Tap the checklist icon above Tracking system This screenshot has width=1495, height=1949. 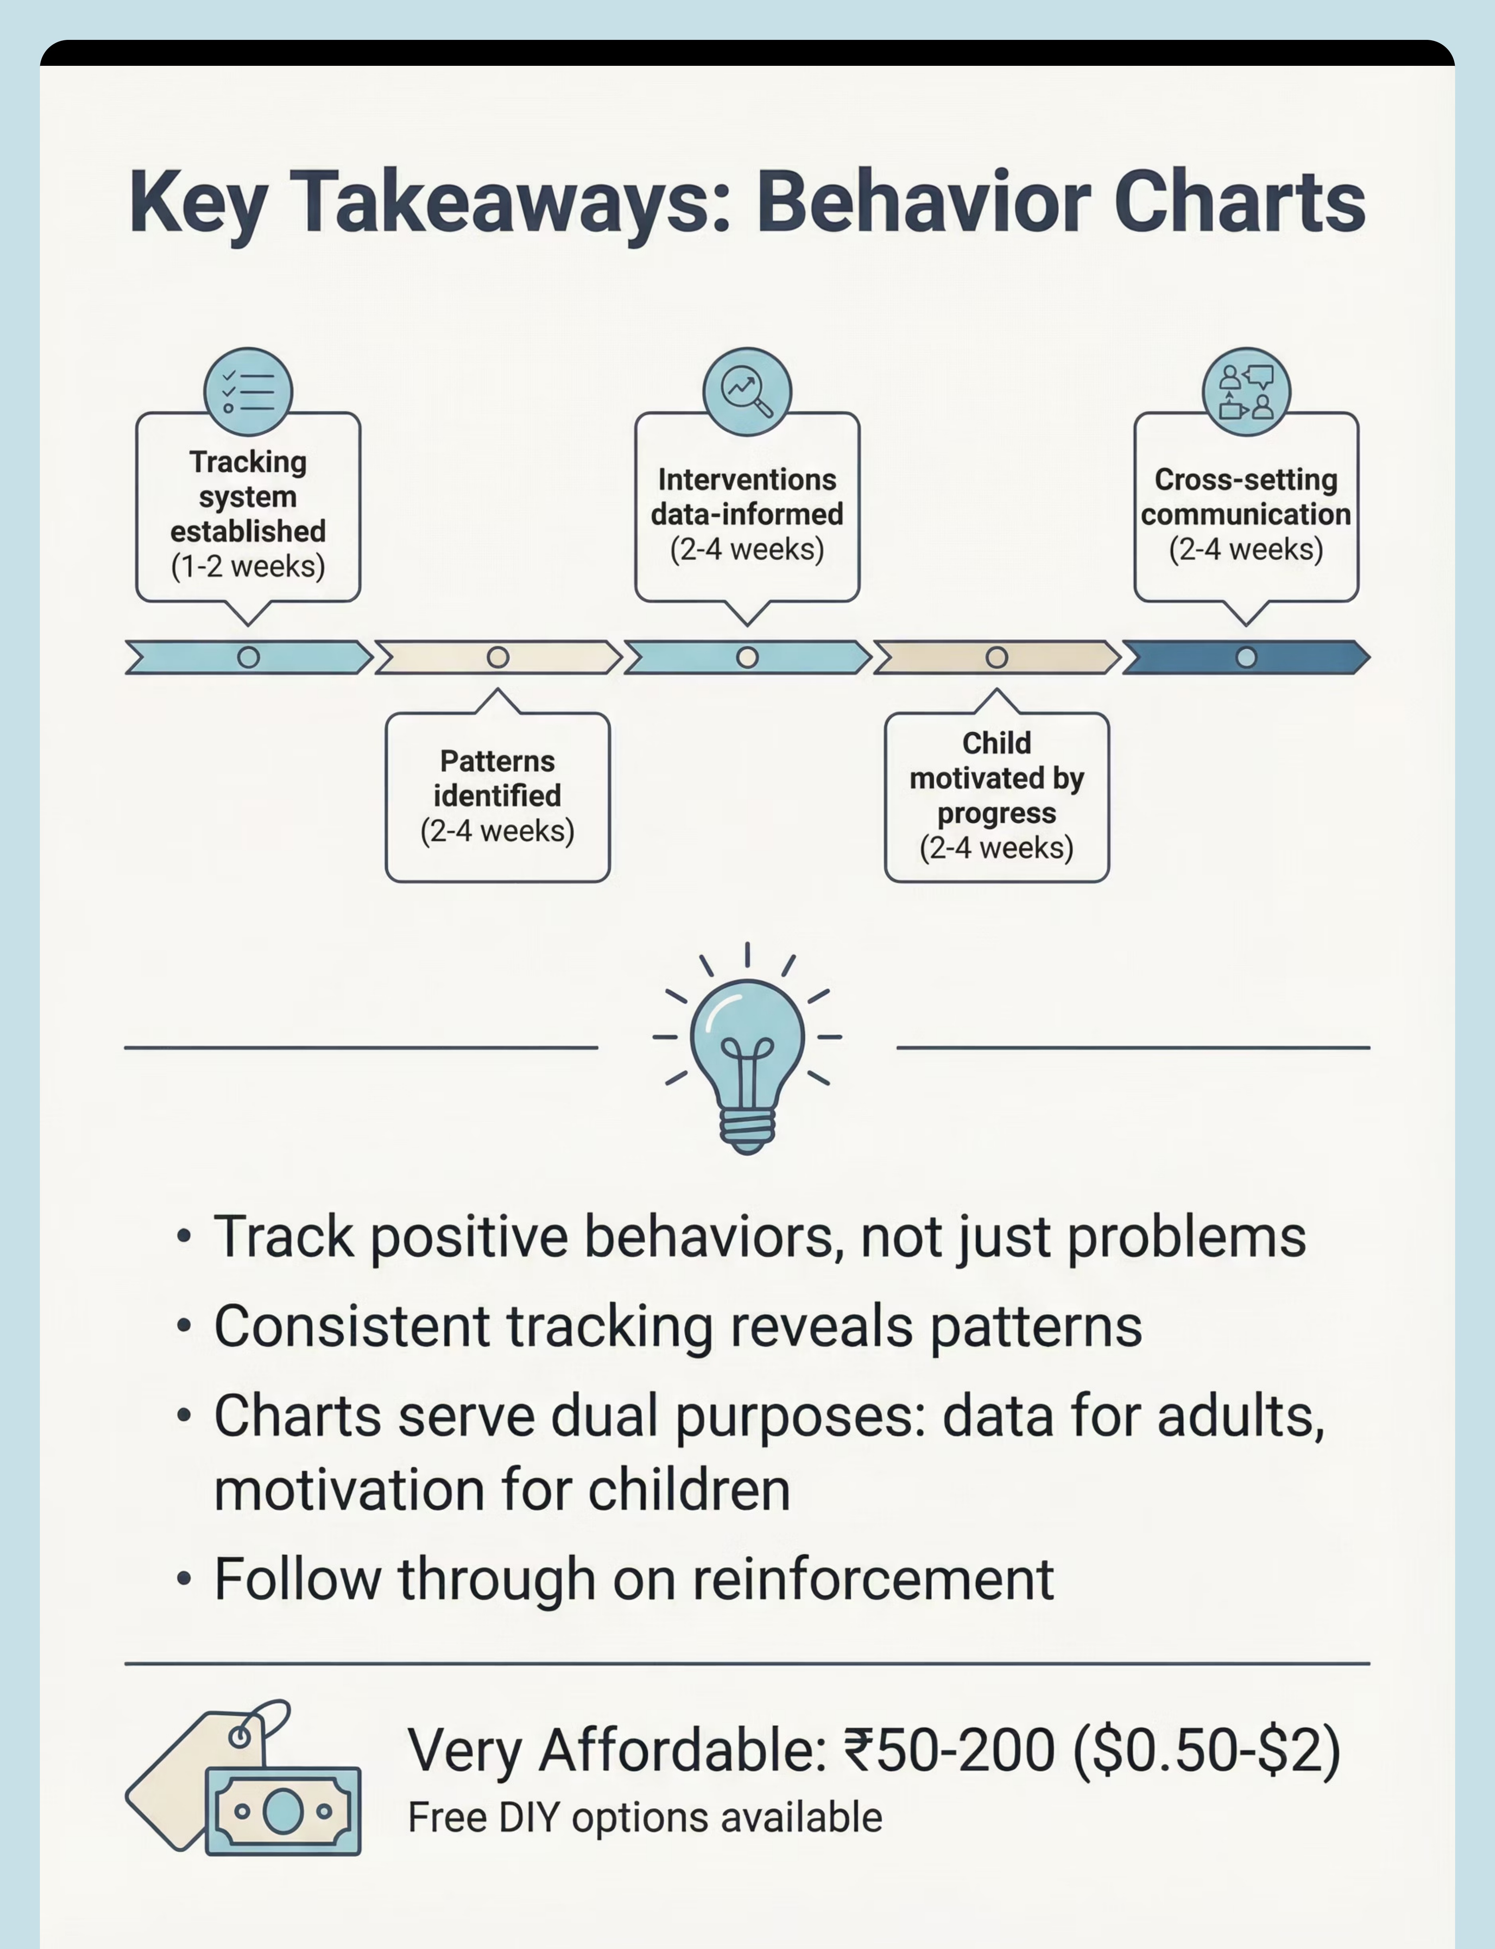coord(248,392)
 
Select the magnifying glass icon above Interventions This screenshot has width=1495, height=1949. coord(747,392)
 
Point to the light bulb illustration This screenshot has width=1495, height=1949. coord(747,1050)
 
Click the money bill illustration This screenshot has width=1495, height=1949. coord(283,1811)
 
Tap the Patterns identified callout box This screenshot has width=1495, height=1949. coord(498,796)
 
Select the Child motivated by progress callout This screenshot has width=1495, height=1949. coord(997,796)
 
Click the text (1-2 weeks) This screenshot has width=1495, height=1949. coord(248,566)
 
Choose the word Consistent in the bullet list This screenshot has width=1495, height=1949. coord(352,1326)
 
